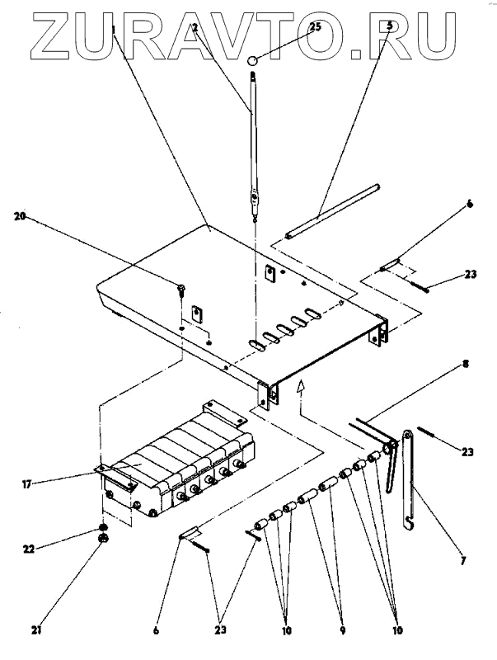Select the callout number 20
(20, 216)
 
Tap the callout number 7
(463, 561)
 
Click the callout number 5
(390, 27)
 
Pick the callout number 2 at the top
(195, 27)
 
